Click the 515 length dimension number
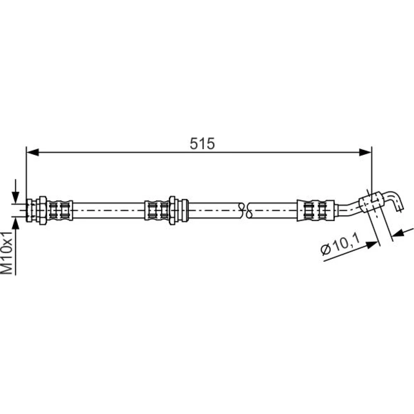coord(202,144)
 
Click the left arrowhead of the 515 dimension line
coord(33,152)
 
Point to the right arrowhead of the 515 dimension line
coord(366,152)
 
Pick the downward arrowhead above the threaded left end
coord(16,197)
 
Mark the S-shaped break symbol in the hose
coord(245,210)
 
